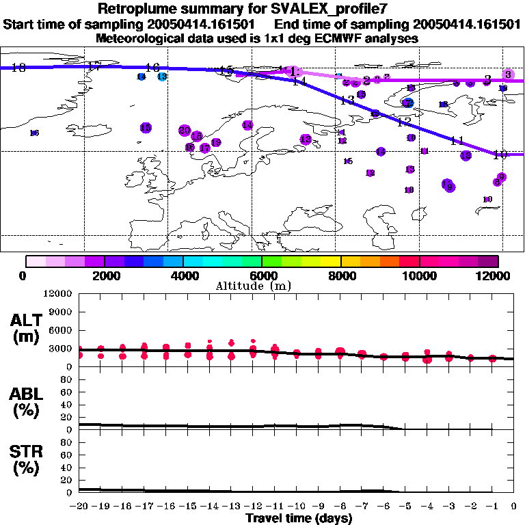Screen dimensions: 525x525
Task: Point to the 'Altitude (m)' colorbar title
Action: [x=262, y=285]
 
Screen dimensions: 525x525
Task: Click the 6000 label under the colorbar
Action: [x=262, y=275]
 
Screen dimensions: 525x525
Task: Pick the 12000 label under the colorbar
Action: [x=498, y=275]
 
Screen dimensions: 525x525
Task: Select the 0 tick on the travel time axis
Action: [x=514, y=506]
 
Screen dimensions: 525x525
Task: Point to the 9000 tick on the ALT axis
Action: [x=62, y=312]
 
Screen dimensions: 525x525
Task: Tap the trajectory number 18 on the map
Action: [x=18, y=67]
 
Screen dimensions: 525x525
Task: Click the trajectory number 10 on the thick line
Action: [x=500, y=154]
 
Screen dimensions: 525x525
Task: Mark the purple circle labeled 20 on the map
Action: [x=185, y=130]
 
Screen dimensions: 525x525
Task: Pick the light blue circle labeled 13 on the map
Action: [x=162, y=77]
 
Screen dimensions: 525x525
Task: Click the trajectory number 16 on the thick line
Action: [x=152, y=67]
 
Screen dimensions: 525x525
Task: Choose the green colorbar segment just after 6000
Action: [x=271, y=261]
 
